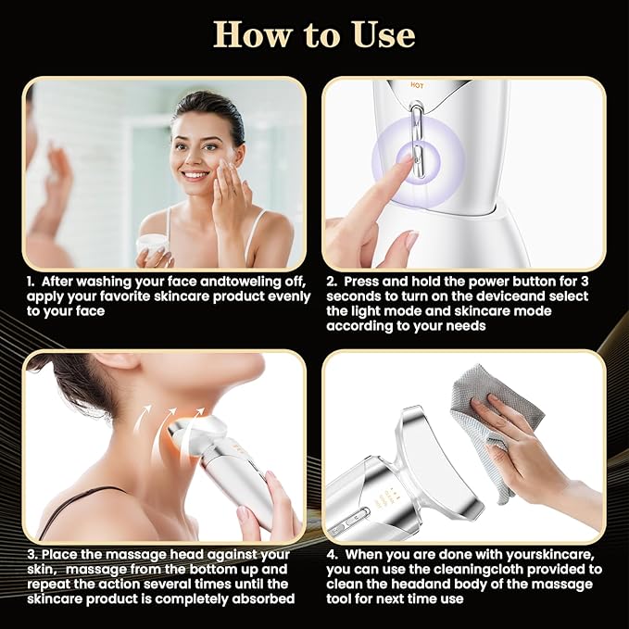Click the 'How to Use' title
click(314, 34)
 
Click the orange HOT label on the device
click(416, 84)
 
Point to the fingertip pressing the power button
click(405, 162)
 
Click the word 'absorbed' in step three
click(264, 599)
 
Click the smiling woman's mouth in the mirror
click(195, 174)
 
